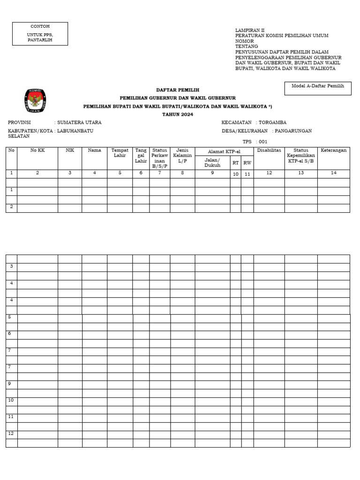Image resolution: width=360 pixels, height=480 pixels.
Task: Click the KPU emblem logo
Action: click(35, 100)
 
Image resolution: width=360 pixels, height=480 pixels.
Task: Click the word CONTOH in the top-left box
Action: click(40, 26)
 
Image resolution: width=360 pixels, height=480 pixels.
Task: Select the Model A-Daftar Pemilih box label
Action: click(318, 86)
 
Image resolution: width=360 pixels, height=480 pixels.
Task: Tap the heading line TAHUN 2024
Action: click(177, 114)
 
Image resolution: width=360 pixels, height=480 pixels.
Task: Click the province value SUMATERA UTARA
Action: click(79, 122)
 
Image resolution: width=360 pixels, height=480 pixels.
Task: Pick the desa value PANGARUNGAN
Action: click(293, 131)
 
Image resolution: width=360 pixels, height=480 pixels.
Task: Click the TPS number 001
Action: click(262, 142)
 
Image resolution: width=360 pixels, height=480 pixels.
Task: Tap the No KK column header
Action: click(37, 150)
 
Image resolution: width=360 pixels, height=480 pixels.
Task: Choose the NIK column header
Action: click(70, 150)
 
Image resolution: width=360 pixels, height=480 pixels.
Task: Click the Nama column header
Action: click(94, 150)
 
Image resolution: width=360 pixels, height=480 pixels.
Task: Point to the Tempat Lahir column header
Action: click(120, 153)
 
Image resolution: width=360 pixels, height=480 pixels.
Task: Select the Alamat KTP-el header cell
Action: click(224, 151)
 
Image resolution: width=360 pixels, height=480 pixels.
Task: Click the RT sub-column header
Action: click(235, 163)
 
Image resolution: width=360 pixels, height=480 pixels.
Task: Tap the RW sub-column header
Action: click(247, 163)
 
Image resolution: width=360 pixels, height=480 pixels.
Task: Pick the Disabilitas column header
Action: click(269, 150)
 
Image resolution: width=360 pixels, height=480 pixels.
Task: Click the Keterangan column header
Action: click(333, 150)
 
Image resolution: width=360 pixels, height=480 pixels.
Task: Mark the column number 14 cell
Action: click(333, 173)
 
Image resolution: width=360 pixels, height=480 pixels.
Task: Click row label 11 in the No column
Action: click(11, 417)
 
